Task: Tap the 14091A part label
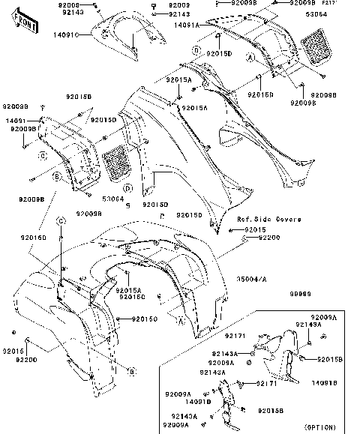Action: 187,25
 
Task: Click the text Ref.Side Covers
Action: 269,219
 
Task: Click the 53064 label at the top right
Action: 337,13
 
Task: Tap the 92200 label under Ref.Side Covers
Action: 269,237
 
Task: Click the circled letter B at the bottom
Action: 132,371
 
